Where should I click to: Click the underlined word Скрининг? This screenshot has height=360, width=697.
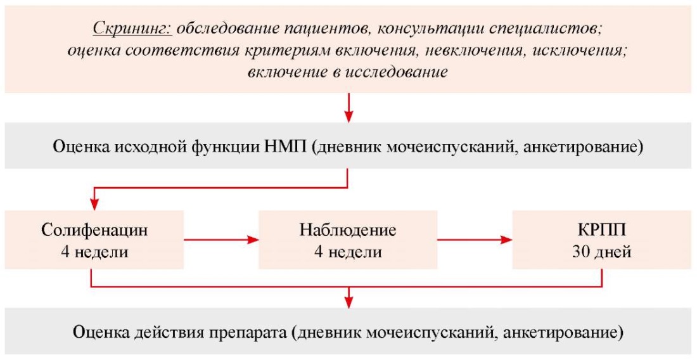click(132, 30)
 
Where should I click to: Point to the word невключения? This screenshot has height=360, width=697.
click(473, 51)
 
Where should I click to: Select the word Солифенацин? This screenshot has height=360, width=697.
click(94, 231)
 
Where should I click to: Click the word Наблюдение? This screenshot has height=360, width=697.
click(348, 231)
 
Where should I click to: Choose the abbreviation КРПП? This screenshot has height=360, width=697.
click(602, 231)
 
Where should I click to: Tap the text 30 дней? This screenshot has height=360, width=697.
click(602, 252)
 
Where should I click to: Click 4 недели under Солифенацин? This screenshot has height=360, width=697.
click(94, 252)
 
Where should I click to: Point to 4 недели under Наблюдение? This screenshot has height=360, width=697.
click(348, 252)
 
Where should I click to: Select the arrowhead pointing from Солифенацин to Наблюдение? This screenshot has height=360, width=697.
click(253, 240)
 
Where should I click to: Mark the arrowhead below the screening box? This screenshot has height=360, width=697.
click(349, 117)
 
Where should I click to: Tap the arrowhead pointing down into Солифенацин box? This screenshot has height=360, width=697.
click(94, 205)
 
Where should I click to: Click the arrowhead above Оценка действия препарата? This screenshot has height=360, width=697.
click(349, 302)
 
